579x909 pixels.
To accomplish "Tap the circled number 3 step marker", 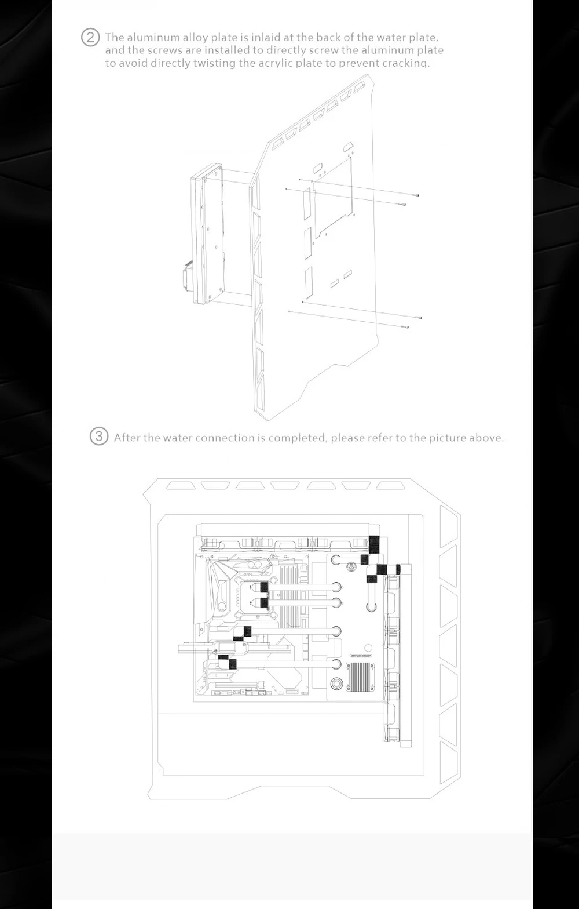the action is pyautogui.click(x=99, y=437).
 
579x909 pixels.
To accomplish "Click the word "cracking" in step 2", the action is pyautogui.click(x=408, y=63).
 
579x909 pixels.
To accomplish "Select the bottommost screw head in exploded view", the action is pyautogui.click(x=407, y=327).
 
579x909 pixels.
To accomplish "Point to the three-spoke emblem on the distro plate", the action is pyautogui.click(x=351, y=566).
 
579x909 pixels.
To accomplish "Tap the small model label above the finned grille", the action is pyautogui.click(x=360, y=656).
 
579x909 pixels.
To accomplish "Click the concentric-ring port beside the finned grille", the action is pyautogui.click(x=336, y=682).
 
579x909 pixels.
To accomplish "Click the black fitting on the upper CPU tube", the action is pyautogui.click(x=264, y=588).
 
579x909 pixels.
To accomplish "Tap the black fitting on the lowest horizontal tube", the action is pyautogui.click(x=234, y=664).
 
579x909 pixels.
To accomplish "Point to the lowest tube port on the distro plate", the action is pyautogui.click(x=336, y=663).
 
